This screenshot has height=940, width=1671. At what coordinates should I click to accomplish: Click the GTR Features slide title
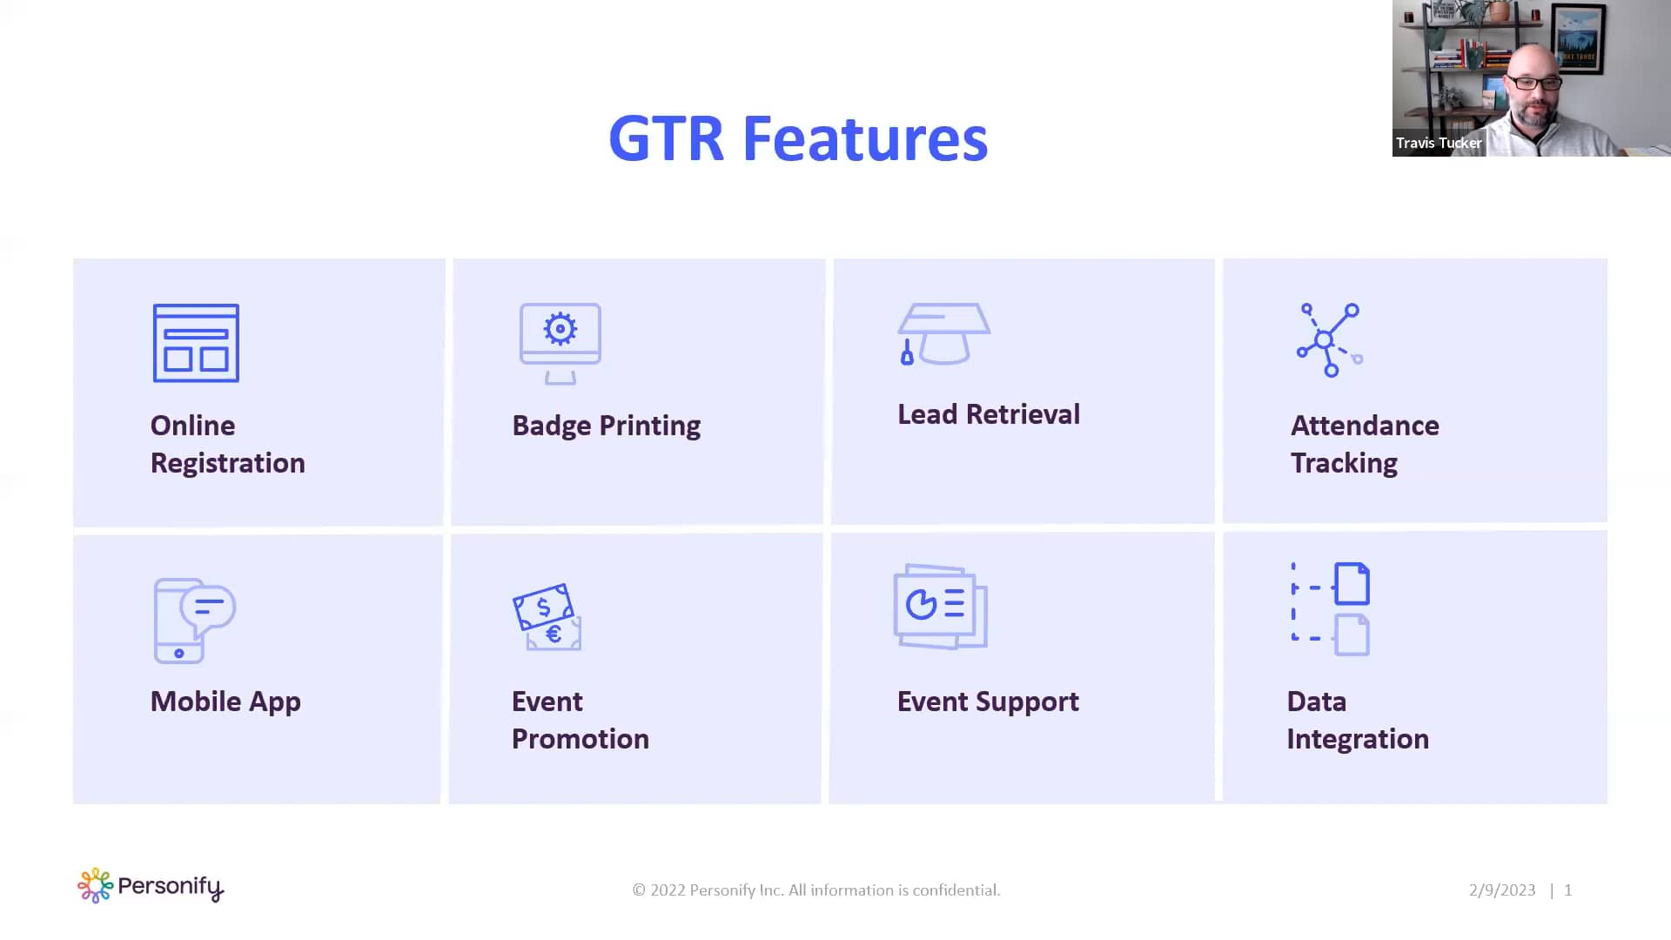(x=797, y=139)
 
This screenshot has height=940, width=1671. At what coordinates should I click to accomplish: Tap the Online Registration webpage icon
(x=196, y=343)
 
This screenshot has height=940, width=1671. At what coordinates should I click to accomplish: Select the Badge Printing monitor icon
(x=560, y=343)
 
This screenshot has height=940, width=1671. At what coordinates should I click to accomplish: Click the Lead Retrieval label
(x=988, y=414)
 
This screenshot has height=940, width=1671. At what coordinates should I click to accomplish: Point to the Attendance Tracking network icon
(x=1328, y=339)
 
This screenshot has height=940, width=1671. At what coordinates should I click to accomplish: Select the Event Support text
(x=988, y=702)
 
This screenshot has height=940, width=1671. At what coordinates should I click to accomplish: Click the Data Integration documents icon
(x=1332, y=608)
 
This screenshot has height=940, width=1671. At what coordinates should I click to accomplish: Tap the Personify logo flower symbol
(x=95, y=885)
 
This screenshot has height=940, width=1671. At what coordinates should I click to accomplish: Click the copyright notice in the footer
(x=815, y=890)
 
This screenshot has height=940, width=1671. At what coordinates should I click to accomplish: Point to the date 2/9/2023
(x=1502, y=890)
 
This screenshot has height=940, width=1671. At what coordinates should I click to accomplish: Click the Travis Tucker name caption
(x=1438, y=143)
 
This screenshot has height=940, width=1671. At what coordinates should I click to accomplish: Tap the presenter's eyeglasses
(x=1533, y=83)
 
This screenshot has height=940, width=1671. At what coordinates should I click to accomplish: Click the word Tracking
(x=1343, y=463)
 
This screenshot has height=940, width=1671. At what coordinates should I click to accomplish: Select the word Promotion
(x=580, y=739)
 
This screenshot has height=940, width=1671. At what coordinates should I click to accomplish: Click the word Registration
(x=227, y=463)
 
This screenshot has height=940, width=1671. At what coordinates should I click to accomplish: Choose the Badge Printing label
(x=606, y=426)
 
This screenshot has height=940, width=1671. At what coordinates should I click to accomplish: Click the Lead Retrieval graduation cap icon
(x=943, y=333)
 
